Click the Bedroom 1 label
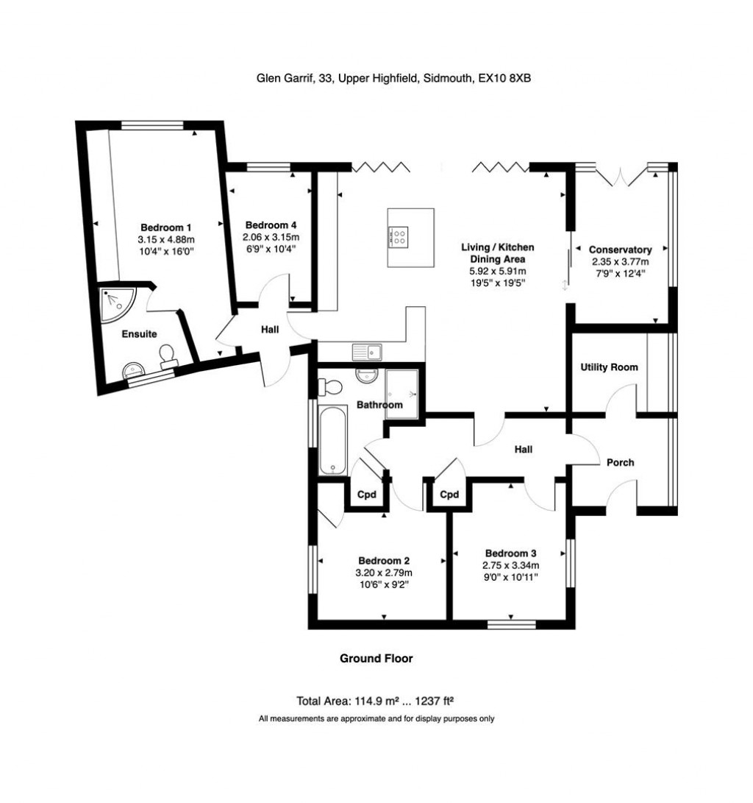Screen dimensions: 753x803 (x=165, y=227)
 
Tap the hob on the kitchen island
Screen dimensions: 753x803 (x=399, y=237)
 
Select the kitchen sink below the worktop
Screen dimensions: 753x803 (x=367, y=353)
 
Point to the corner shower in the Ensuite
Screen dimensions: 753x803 (x=118, y=305)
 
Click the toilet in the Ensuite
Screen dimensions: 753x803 (x=167, y=356)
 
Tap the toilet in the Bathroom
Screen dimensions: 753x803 (x=330, y=386)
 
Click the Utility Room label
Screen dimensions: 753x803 (x=609, y=367)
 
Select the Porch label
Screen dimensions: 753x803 (x=620, y=462)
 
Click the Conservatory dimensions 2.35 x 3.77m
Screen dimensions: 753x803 (x=620, y=262)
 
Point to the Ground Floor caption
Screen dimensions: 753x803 (x=376, y=659)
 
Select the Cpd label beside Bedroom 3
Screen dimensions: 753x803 (x=449, y=495)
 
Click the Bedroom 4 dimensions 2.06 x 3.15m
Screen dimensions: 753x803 (x=271, y=237)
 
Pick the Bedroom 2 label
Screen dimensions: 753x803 (x=384, y=561)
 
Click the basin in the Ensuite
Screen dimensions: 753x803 (x=134, y=369)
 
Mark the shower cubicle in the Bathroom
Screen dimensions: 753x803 (x=402, y=393)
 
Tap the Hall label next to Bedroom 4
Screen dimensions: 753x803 (x=270, y=329)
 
